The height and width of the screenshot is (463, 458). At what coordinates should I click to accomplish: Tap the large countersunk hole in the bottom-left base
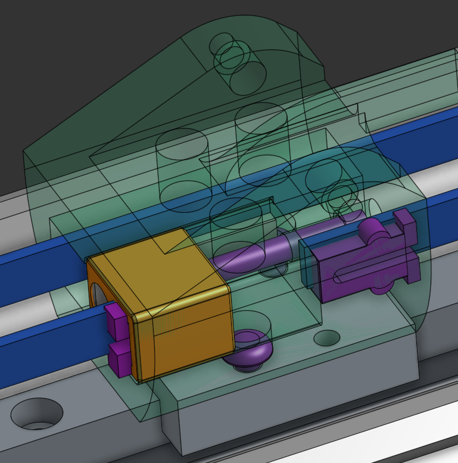[36, 414]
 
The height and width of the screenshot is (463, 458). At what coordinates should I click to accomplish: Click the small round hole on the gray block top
[326, 339]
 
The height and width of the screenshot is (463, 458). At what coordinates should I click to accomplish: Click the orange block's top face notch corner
[164, 250]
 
